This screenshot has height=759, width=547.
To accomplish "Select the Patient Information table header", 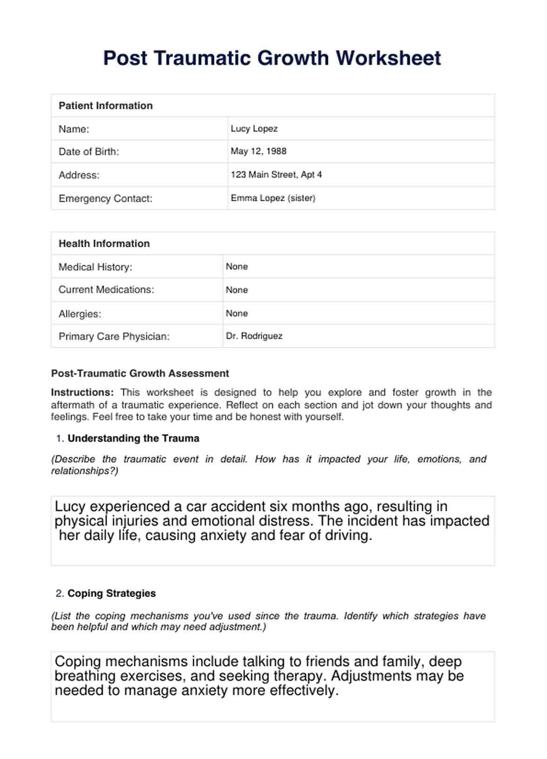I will (x=106, y=106).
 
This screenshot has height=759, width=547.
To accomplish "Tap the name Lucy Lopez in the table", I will (x=254, y=129).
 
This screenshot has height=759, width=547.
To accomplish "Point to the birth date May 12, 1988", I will (x=258, y=151).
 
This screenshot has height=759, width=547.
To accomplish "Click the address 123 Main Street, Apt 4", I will (x=276, y=175).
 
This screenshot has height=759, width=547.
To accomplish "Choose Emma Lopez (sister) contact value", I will (x=273, y=198).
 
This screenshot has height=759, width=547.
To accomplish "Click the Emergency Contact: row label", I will (x=105, y=198).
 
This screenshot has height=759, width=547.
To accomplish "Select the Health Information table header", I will (x=104, y=244).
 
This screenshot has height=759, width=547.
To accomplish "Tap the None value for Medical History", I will (x=237, y=266).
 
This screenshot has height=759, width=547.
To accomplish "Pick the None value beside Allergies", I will (x=237, y=313).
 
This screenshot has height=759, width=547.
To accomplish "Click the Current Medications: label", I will (x=106, y=290).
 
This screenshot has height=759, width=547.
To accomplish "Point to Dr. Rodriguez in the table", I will (x=254, y=336).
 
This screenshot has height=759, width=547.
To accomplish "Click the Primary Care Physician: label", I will (x=114, y=336).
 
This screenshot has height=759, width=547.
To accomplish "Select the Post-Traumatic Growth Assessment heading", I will (x=140, y=373).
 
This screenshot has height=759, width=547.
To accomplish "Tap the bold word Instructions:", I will (x=82, y=392).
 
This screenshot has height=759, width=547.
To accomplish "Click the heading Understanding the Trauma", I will (x=133, y=438).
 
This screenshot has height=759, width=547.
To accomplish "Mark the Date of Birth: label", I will (x=89, y=152).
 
